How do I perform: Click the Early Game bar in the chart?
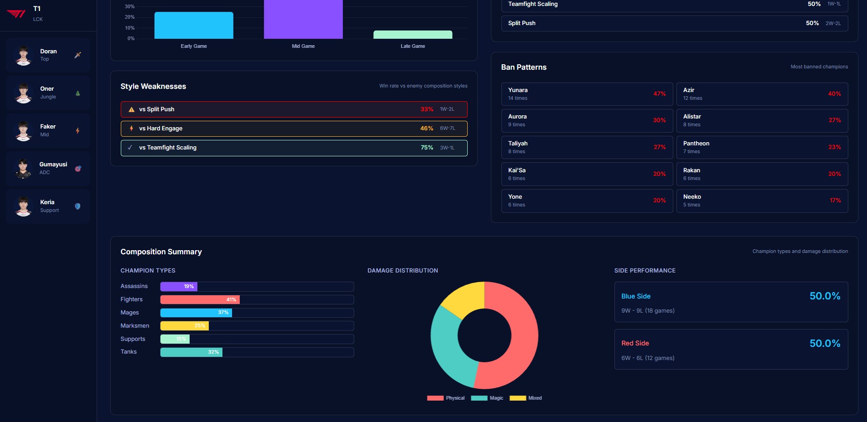click(x=194, y=25)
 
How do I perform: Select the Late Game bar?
click(x=413, y=35)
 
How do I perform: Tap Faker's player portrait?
click(x=23, y=131)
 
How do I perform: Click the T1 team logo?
click(x=16, y=14)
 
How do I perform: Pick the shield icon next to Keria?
click(x=77, y=206)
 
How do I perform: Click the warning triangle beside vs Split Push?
click(x=131, y=109)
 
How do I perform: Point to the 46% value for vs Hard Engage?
click(x=427, y=129)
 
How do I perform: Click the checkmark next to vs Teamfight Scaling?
click(x=130, y=148)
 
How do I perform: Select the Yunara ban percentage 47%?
click(x=659, y=94)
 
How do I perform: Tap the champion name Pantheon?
click(x=696, y=144)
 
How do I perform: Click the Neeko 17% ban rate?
click(x=835, y=201)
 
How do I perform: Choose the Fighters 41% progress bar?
click(x=200, y=299)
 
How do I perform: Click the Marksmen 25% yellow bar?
click(x=184, y=326)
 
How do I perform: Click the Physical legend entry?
click(x=446, y=398)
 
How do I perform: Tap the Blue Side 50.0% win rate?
click(x=825, y=296)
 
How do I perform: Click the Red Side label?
click(x=635, y=343)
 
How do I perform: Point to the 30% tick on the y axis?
click(x=129, y=7)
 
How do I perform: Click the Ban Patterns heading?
click(x=524, y=67)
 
